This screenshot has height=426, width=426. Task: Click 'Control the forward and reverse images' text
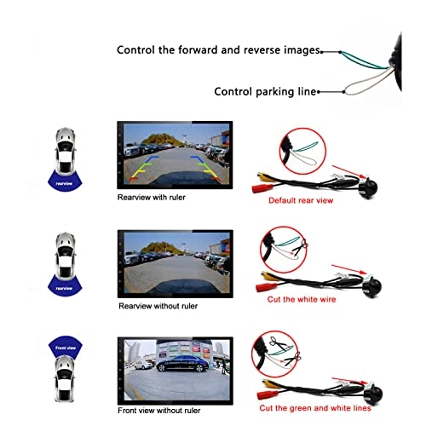pos(218,50)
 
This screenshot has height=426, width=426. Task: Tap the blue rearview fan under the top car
pos(62,181)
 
